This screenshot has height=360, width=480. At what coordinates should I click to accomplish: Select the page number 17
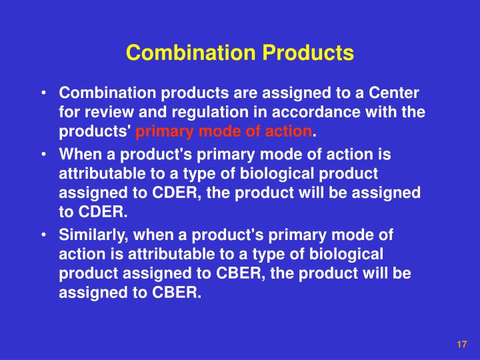(461, 343)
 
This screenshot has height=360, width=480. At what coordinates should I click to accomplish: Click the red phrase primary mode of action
(224, 131)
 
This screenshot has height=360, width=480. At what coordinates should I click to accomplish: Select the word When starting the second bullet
(79, 155)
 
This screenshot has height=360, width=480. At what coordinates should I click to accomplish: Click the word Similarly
(88, 235)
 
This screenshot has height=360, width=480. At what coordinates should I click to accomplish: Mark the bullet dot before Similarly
(43, 235)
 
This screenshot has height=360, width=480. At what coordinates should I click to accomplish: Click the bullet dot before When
(43, 155)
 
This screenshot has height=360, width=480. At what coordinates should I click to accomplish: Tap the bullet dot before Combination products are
(43, 94)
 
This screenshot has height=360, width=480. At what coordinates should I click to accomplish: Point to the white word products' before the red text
(95, 131)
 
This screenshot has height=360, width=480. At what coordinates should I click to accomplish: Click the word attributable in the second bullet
(99, 173)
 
